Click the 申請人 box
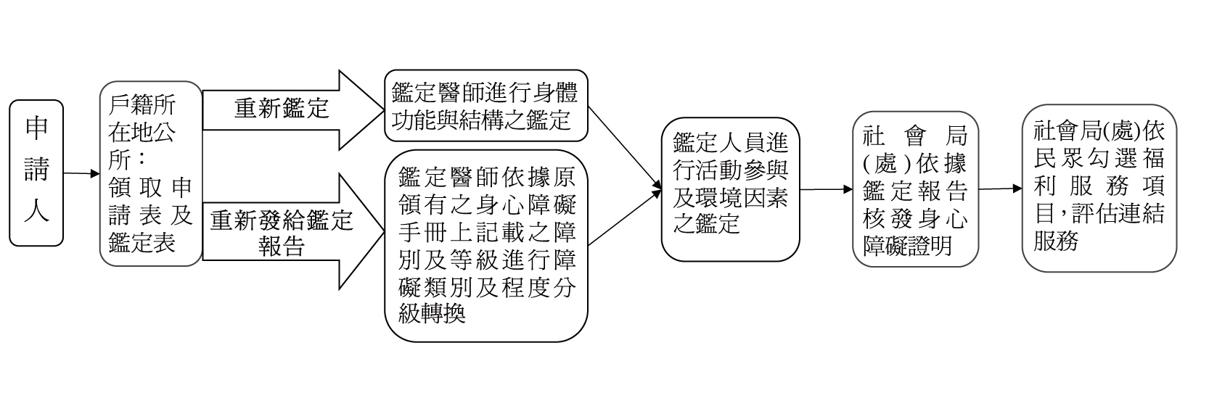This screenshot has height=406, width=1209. tap(36, 173)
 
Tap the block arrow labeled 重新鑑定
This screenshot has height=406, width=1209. tap(290, 109)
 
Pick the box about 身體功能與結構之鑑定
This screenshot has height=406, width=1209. tap(485, 106)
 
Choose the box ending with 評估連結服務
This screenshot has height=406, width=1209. tap(1099, 187)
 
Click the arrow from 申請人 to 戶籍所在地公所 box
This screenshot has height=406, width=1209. tap(81, 174)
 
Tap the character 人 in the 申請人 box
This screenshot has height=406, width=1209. tap(36, 211)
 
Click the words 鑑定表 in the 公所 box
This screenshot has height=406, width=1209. tap(142, 241)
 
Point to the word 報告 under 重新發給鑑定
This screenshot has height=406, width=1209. tap(282, 247)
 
